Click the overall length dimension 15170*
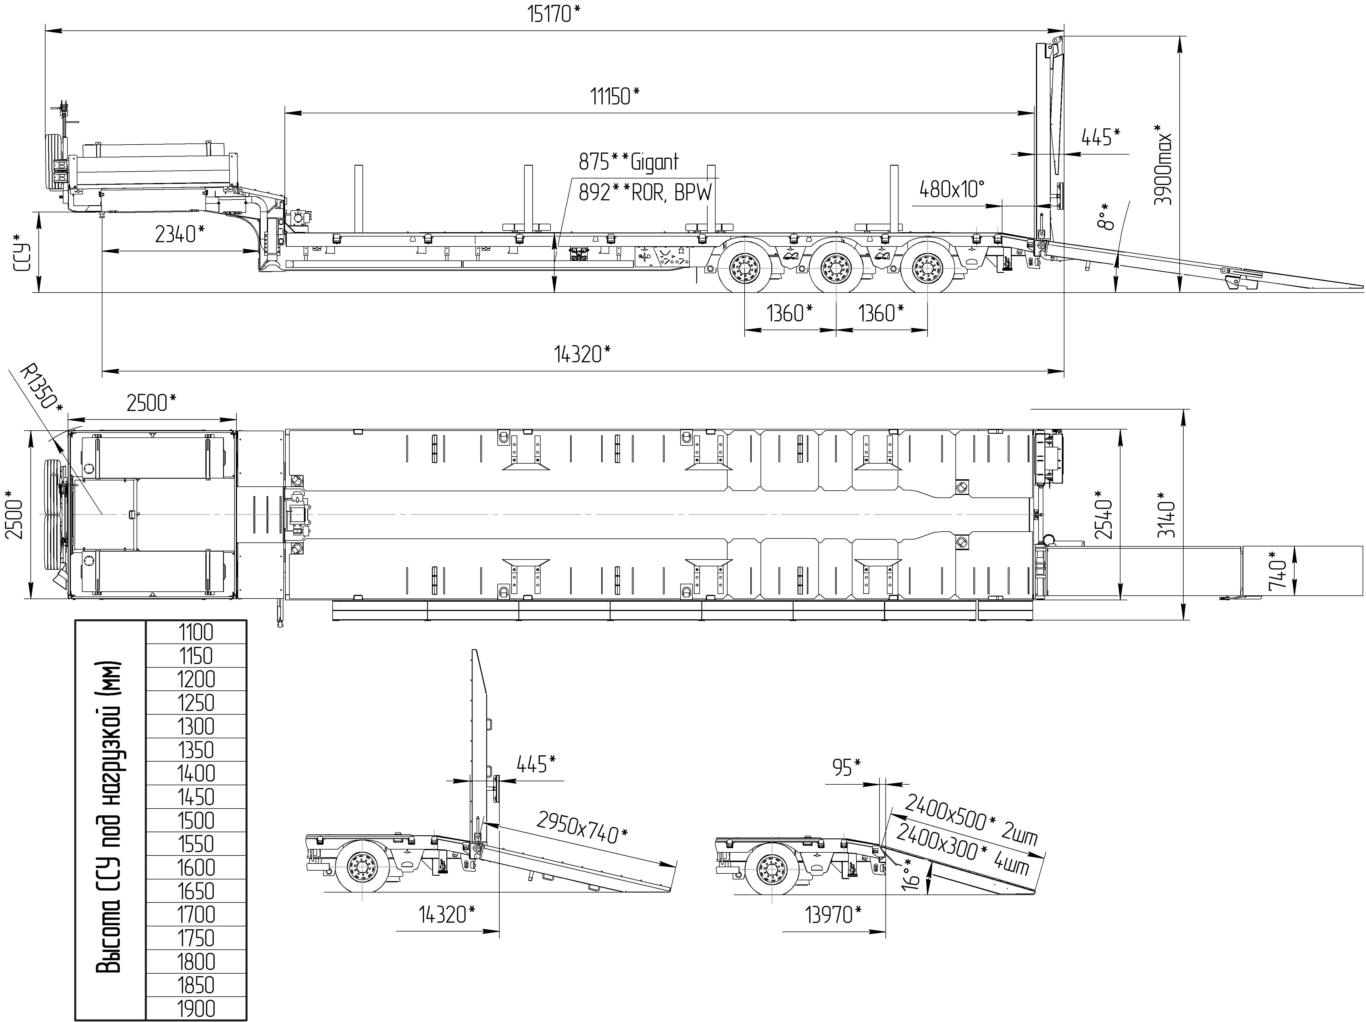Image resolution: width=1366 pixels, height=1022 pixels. tap(554, 14)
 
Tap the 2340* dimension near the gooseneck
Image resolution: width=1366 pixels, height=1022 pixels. tap(180, 234)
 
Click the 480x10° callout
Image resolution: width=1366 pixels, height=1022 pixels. tap(951, 189)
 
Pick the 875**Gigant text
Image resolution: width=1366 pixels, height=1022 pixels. tap(628, 162)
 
